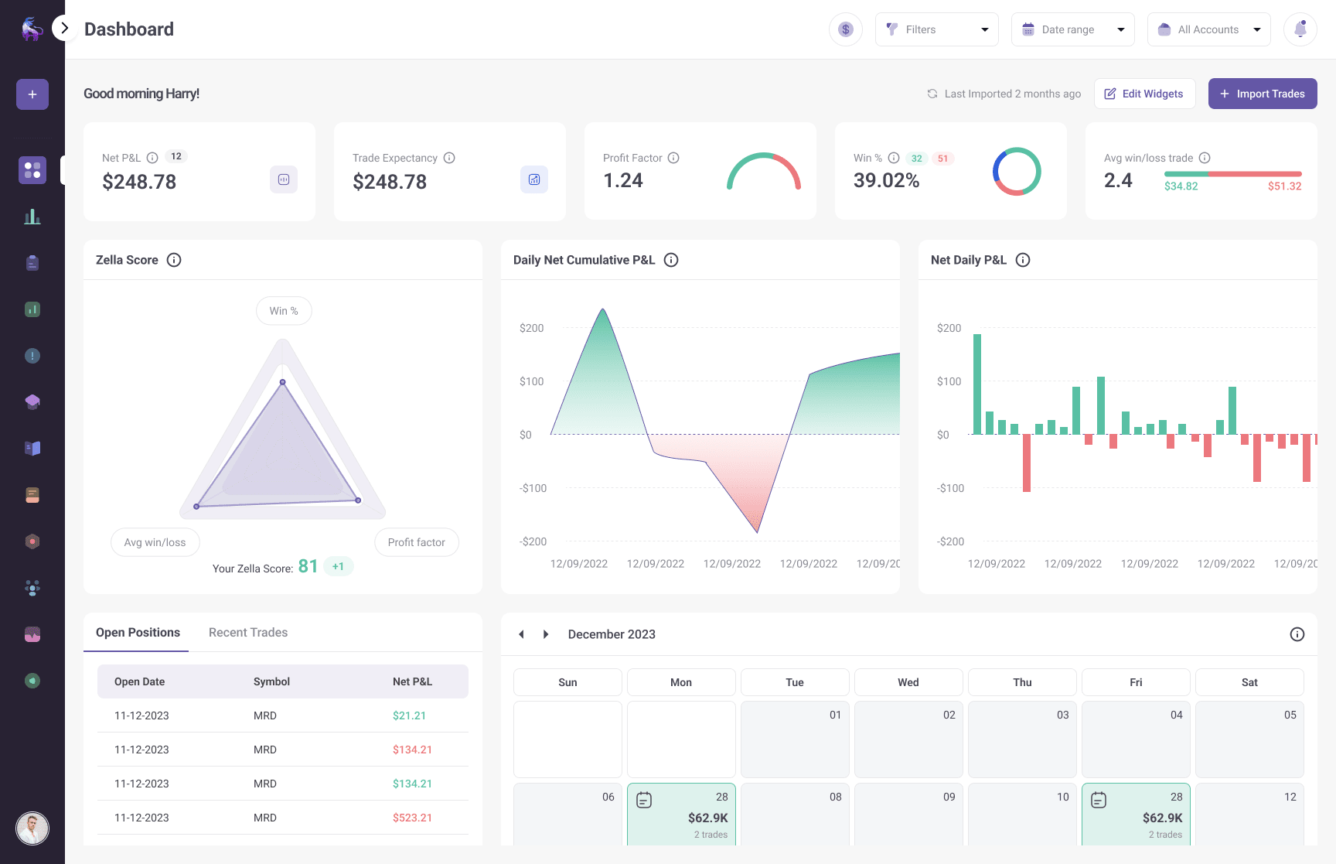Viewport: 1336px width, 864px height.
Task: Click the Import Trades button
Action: (x=1262, y=94)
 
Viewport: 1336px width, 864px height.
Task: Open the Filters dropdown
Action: (x=936, y=29)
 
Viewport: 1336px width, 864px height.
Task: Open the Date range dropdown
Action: (x=1072, y=29)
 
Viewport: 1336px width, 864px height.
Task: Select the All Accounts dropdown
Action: (x=1208, y=29)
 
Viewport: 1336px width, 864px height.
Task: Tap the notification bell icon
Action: (x=1300, y=29)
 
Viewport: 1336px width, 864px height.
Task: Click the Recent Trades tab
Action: (x=248, y=633)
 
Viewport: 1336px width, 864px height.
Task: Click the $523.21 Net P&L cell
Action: (x=412, y=818)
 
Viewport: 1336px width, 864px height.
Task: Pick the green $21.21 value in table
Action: (x=409, y=715)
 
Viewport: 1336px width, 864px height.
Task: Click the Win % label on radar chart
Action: (x=284, y=311)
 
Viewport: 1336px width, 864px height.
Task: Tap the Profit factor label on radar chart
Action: (x=416, y=542)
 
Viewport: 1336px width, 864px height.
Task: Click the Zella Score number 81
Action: (x=308, y=566)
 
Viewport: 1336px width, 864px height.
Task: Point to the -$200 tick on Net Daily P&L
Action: (x=950, y=541)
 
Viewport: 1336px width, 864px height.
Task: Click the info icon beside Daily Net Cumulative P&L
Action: (x=671, y=260)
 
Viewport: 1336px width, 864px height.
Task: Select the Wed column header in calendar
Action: (x=908, y=682)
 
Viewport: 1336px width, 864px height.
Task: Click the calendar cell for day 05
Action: (x=1249, y=739)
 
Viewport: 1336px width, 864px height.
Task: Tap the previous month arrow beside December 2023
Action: (x=521, y=634)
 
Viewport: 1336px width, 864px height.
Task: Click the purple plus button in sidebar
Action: (x=32, y=94)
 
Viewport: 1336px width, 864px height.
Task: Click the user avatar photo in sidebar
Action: (x=32, y=828)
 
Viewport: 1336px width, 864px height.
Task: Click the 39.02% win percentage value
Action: (x=886, y=181)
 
